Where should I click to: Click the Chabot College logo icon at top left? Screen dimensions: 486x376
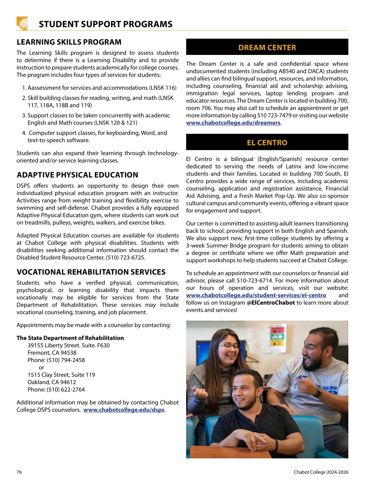click(22, 23)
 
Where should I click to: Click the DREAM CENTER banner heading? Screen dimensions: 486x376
click(267, 48)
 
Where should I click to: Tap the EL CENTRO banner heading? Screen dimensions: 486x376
click(267, 143)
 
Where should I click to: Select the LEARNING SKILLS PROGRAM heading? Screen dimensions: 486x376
click(69, 42)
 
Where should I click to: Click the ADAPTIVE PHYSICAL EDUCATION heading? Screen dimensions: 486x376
click(77, 175)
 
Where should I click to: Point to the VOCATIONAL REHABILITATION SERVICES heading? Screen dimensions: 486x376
click(91, 272)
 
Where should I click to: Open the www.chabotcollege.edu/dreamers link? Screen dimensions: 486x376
click(233, 123)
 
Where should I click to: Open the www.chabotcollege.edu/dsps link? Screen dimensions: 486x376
click(124, 410)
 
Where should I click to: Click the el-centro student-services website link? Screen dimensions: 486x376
click(256, 295)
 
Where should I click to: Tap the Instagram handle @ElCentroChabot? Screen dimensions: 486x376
click(271, 303)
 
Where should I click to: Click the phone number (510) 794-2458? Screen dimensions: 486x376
click(65, 360)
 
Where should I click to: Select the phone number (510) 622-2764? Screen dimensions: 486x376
click(65, 389)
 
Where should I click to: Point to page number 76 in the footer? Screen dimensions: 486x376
click(19, 472)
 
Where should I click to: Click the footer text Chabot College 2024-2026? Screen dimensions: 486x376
click(321, 472)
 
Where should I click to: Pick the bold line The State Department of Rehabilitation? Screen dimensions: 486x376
click(70, 338)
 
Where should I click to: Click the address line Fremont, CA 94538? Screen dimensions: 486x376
click(52, 353)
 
